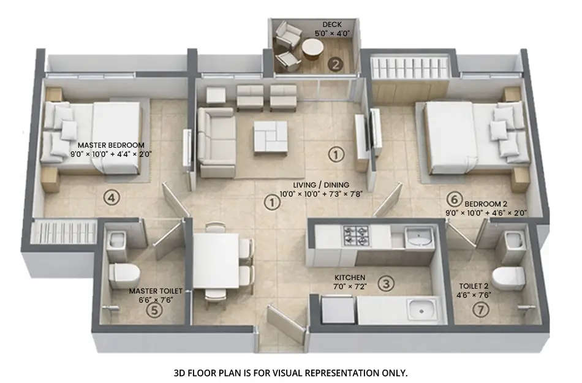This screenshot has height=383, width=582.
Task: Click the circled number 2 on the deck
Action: [335, 64]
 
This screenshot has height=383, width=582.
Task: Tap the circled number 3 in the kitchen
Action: [385, 283]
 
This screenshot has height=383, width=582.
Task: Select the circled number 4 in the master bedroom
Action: [110, 197]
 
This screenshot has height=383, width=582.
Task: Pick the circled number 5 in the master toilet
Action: [156, 310]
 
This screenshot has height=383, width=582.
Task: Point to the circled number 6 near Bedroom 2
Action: [453, 199]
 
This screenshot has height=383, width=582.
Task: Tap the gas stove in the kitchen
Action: [357, 233]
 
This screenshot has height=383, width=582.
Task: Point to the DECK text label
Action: [332, 25]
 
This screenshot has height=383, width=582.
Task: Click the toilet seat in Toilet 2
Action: [508, 278]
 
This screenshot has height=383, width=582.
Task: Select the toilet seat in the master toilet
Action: [124, 275]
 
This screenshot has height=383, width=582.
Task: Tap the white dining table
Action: [216, 260]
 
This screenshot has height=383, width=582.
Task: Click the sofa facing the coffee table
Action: [216, 142]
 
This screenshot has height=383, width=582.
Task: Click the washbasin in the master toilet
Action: [116, 240]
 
